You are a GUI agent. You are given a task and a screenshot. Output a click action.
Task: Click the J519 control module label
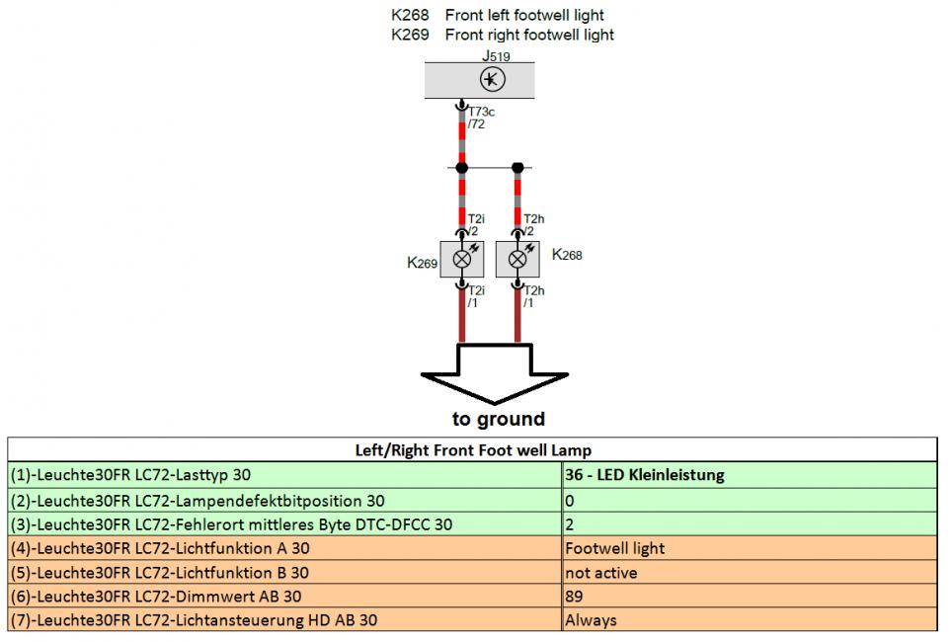coord(496,56)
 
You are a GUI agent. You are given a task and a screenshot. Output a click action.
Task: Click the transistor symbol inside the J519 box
coord(493,79)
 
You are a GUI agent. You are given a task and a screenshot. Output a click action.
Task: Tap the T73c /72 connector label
coord(481,118)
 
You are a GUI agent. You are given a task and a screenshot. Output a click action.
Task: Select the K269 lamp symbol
coord(462,260)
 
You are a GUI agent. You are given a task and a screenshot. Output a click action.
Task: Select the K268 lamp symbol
coord(517,260)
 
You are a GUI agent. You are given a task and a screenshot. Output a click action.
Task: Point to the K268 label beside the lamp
coord(567,255)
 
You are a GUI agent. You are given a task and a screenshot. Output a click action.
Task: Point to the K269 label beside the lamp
coord(422,263)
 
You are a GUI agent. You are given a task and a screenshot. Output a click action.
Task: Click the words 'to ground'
coord(499,419)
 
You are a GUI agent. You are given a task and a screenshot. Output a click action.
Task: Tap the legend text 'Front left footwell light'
coord(524,15)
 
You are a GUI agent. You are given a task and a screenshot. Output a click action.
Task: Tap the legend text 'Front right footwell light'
coord(529,35)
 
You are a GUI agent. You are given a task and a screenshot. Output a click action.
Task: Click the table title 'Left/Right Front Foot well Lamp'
coord(473,450)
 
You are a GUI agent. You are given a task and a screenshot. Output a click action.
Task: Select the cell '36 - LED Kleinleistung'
coord(645,475)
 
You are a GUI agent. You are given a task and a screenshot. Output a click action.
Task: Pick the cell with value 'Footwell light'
coord(615,548)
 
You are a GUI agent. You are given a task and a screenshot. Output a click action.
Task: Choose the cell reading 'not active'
coord(601,573)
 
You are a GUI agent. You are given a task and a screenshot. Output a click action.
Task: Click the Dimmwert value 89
coord(574,597)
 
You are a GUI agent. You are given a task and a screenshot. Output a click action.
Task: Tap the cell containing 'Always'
coord(591,620)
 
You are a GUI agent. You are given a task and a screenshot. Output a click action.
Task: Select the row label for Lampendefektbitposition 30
coord(198,501)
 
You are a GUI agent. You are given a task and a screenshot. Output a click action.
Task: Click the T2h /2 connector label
coord(533,225)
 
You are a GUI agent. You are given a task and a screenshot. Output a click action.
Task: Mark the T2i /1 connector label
coord(476,296)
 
